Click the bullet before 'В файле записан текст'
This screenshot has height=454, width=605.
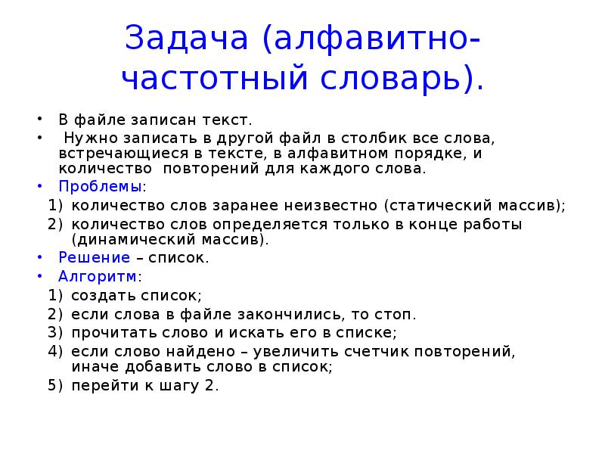pyautogui.click(x=39, y=120)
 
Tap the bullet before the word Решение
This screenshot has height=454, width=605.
pyautogui.click(x=39, y=258)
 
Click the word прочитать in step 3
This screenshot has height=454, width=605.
pyautogui.click(x=106, y=332)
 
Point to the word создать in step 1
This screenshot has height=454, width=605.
pyautogui.click(x=99, y=295)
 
